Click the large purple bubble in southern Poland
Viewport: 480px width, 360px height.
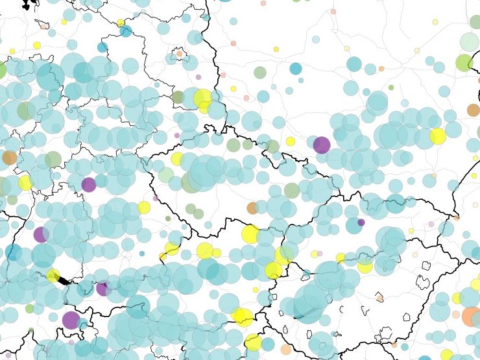tap(321, 145)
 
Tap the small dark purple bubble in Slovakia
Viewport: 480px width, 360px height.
tap(361, 222)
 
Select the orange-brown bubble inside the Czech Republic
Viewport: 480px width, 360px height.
tap(252, 208)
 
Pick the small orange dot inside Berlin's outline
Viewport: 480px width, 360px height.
tap(180, 53)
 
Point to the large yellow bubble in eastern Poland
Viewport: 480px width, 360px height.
tap(437, 136)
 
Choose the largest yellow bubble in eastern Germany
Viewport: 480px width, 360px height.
tap(202, 99)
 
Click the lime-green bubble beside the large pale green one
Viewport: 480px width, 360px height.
tap(464, 62)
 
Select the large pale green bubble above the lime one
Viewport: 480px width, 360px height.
tap(469, 42)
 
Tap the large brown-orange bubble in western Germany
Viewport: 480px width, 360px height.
tap(9, 157)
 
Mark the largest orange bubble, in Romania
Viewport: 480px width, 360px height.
tap(471, 317)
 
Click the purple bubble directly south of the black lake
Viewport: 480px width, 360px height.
tap(71, 320)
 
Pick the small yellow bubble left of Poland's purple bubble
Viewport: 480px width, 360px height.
tap(291, 141)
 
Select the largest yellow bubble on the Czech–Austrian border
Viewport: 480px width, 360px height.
tap(250, 234)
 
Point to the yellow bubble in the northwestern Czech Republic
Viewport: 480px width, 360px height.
tap(176, 159)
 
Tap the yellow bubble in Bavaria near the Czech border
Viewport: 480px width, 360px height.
tap(144, 208)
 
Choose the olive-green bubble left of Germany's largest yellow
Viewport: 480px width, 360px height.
tap(178, 97)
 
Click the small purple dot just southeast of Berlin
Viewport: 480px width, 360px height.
tap(198, 77)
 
